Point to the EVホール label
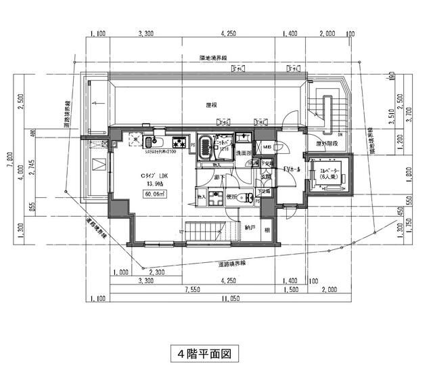click(292, 168)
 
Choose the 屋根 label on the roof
click(211, 106)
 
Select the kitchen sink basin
click(150, 142)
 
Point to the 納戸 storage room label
click(250, 228)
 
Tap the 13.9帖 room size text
click(150, 183)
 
